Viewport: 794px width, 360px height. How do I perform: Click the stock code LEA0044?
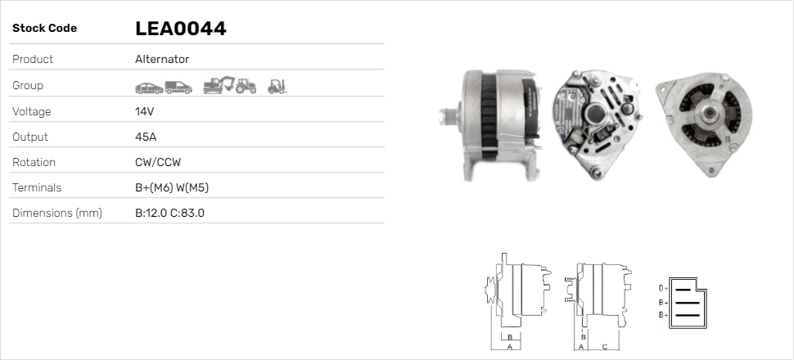180,29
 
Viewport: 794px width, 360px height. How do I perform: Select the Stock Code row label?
44,29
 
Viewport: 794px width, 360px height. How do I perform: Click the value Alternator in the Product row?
162,59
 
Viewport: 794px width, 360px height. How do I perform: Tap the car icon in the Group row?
149,88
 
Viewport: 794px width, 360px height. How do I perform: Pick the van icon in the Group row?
178,88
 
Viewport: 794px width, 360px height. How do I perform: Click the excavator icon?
219,85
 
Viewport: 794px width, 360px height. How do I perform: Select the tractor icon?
246,86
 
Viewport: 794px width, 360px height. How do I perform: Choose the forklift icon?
277,87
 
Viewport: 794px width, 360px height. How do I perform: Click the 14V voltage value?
144,111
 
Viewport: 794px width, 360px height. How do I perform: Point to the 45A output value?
146,137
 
